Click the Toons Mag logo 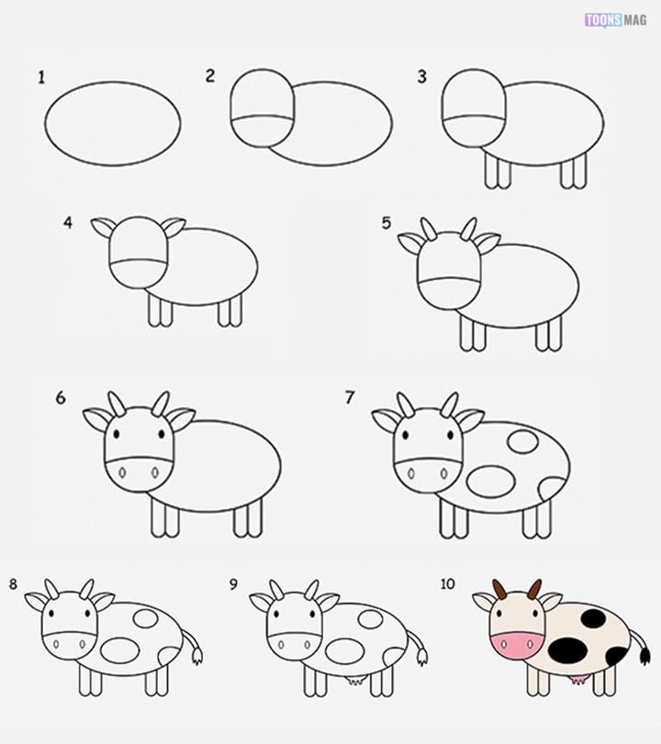[x=615, y=20]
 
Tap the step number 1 [x=41, y=77]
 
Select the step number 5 [x=387, y=222]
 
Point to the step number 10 [x=448, y=583]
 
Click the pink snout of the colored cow [x=516, y=645]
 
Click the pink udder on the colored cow [x=577, y=680]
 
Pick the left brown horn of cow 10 [x=499, y=590]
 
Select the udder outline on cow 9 [x=354, y=680]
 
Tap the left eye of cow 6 [x=117, y=434]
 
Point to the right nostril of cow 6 [x=155, y=473]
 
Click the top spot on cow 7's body [x=522, y=441]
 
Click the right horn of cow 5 [x=468, y=229]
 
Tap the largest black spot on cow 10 [x=567, y=649]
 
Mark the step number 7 [x=350, y=397]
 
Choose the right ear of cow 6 [x=182, y=419]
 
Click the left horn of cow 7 [x=405, y=405]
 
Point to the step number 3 [x=422, y=76]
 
